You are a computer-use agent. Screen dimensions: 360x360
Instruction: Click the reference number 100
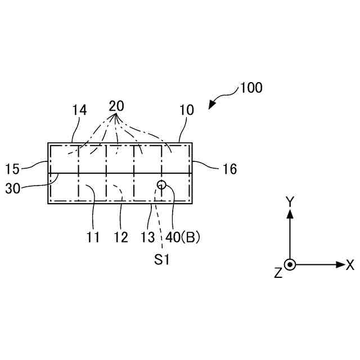[251, 88]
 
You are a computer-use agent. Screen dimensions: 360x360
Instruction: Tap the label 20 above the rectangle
[116, 106]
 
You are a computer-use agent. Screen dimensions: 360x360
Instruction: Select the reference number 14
[80, 110]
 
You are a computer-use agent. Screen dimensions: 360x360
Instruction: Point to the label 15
[13, 168]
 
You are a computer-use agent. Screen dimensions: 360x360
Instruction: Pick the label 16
[229, 168]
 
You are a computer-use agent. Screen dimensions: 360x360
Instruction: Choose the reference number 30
[13, 188]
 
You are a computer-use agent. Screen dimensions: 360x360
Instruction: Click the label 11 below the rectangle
[93, 237]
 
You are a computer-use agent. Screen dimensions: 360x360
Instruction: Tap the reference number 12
[121, 237]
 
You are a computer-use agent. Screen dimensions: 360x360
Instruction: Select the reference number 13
[147, 237]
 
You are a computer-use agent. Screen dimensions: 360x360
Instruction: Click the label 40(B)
[183, 237]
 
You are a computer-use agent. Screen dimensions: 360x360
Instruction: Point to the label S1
[163, 260]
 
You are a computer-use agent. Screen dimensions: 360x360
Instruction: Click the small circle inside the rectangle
[162, 184]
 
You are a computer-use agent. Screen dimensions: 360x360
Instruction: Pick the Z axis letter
[277, 273]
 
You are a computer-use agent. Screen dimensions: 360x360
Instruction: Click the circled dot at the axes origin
[290, 264]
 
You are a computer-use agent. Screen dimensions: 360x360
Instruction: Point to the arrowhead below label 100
[212, 105]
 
